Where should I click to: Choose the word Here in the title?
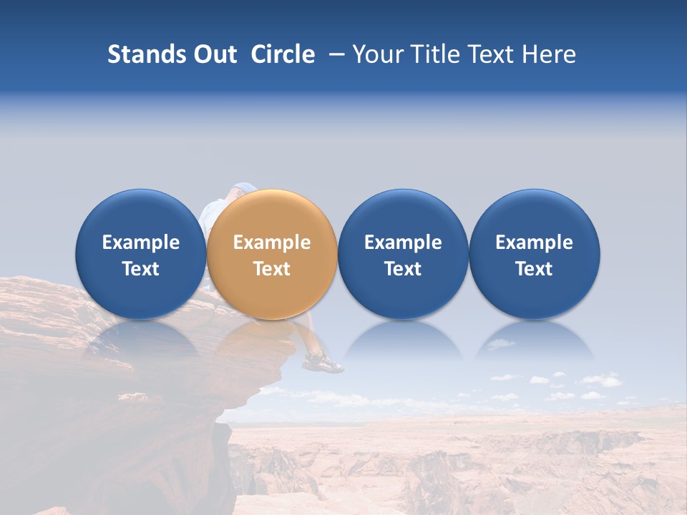coord(550,54)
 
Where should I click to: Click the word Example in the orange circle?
coord(272,242)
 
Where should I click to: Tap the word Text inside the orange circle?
coord(272,269)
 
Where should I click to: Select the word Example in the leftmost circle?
coord(141,242)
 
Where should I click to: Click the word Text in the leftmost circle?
coord(141,269)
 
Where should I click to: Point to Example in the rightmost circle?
coord(534,242)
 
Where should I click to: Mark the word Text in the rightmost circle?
coord(534,269)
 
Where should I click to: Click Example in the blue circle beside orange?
coord(403,242)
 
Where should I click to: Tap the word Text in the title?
coord(490,54)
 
